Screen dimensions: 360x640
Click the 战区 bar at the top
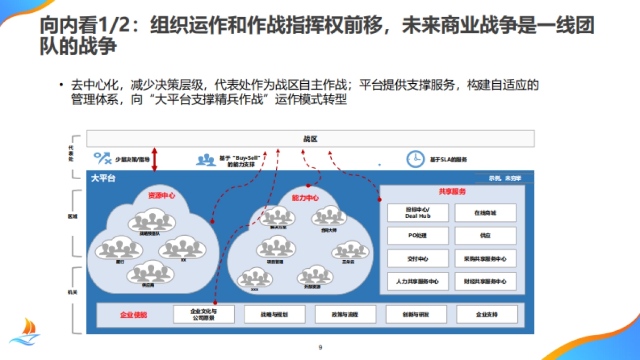pyautogui.click(x=310, y=139)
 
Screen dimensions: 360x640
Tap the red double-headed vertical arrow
pyautogui.click(x=155, y=159)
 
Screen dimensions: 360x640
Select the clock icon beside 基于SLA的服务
pyautogui.click(x=414, y=159)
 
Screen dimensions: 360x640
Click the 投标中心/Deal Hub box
pyautogui.click(x=418, y=213)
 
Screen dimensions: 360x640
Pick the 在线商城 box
pyautogui.click(x=485, y=213)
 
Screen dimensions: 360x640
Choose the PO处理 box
pyautogui.click(x=418, y=236)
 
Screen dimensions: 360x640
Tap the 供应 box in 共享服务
pyautogui.click(x=485, y=236)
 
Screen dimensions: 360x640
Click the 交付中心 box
pyautogui.click(x=418, y=259)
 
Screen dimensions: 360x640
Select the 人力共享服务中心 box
pyautogui.click(x=418, y=282)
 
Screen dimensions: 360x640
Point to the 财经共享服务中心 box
pyautogui.click(x=485, y=282)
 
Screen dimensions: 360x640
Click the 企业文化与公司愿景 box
pyautogui.click(x=204, y=314)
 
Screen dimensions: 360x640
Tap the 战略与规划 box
pyautogui.click(x=274, y=314)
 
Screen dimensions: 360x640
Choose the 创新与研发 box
pyautogui.click(x=416, y=314)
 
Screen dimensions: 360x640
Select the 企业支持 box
pyautogui.click(x=487, y=314)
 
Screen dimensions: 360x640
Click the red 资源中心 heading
pyautogui.click(x=162, y=195)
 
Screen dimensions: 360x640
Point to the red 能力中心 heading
pyautogui.click(x=305, y=198)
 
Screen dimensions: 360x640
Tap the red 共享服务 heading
pyautogui.click(x=452, y=191)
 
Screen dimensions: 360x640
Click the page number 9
pyautogui.click(x=320, y=348)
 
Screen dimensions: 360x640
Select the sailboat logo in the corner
pyautogui.click(x=25, y=331)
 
